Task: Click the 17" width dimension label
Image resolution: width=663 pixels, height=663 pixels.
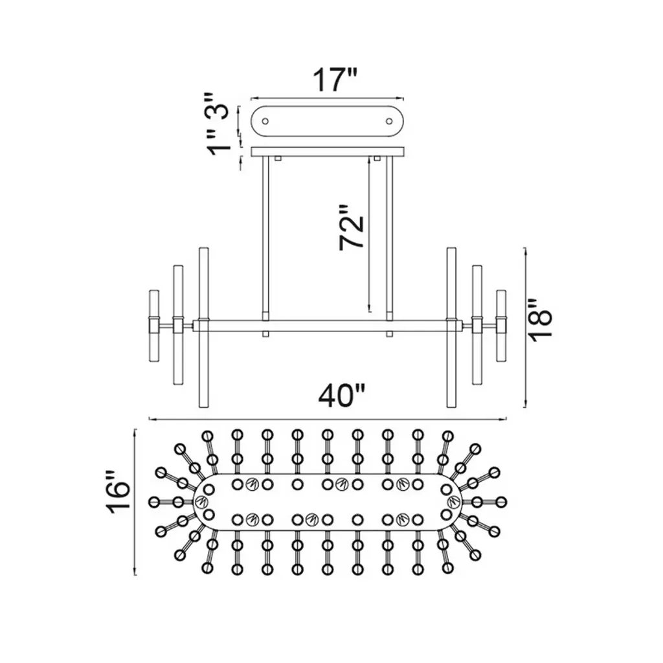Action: point(335,80)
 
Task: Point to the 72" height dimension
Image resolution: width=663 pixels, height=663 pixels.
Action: point(352,228)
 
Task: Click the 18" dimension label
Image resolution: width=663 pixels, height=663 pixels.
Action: point(540,318)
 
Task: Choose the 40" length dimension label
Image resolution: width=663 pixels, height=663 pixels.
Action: point(343,396)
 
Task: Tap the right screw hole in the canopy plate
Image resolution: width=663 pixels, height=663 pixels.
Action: point(389,120)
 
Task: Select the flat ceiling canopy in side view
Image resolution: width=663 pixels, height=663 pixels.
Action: point(328,152)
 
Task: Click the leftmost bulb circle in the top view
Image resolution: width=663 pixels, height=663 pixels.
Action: point(154,502)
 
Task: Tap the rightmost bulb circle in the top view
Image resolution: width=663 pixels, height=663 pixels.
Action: point(502,502)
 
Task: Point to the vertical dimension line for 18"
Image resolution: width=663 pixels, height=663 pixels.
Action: point(524,327)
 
